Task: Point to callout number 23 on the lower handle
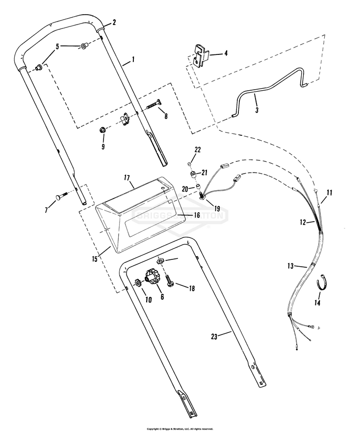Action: (214, 336)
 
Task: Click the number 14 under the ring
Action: (317, 303)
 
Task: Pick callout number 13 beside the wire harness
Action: (291, 266)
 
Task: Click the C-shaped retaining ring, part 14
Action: (321, 283)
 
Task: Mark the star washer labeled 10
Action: (138, 282)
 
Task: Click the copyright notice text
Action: (180, 429)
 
